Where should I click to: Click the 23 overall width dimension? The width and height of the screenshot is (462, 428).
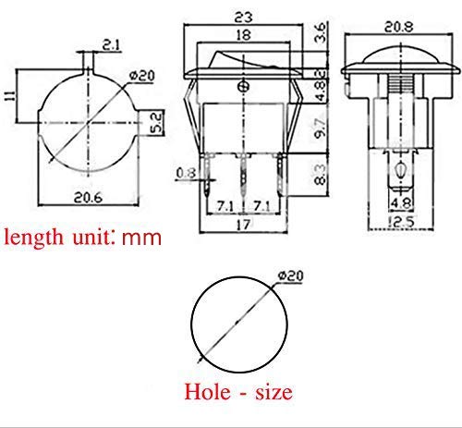pyautogui.click(x=243, y=17)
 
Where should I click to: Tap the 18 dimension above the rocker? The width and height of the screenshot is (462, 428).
pyautogui.click(x=243, y=35)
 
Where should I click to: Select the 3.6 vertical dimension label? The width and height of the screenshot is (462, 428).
pyautogui.click(x=321, y=32)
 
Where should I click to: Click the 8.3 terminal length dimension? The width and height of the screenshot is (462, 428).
pyautogui.click(x=321, y=175)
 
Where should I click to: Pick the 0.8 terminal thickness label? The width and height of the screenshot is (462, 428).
pyautogui.click(x=186, y=173)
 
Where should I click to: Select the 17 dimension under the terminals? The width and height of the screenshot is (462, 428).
pyautogui.click(x=243, y=225)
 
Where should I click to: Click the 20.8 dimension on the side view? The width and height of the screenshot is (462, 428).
pyautogui.click(x=399, y=27)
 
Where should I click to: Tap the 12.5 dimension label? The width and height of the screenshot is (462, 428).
pyautogui.click(x=401, y=222)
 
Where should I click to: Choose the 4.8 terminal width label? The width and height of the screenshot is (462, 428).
pyautogui.click(x=400, y=203)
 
